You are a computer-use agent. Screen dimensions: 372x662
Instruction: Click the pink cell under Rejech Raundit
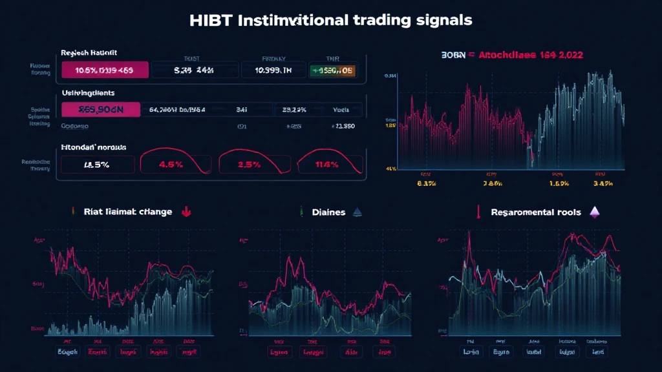(x=104, y=70)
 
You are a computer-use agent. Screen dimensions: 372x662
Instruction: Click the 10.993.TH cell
(x=274, y=70)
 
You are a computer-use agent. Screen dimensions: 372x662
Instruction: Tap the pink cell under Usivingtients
(x=100, y=110)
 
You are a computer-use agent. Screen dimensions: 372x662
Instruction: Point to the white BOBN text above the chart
(x=440, y=56)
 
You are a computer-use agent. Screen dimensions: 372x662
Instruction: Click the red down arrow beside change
(x=186, y=212)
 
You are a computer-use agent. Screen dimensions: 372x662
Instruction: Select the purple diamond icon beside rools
(x=595, y=212)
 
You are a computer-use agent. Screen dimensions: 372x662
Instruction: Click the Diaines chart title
(x=328, y=212)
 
